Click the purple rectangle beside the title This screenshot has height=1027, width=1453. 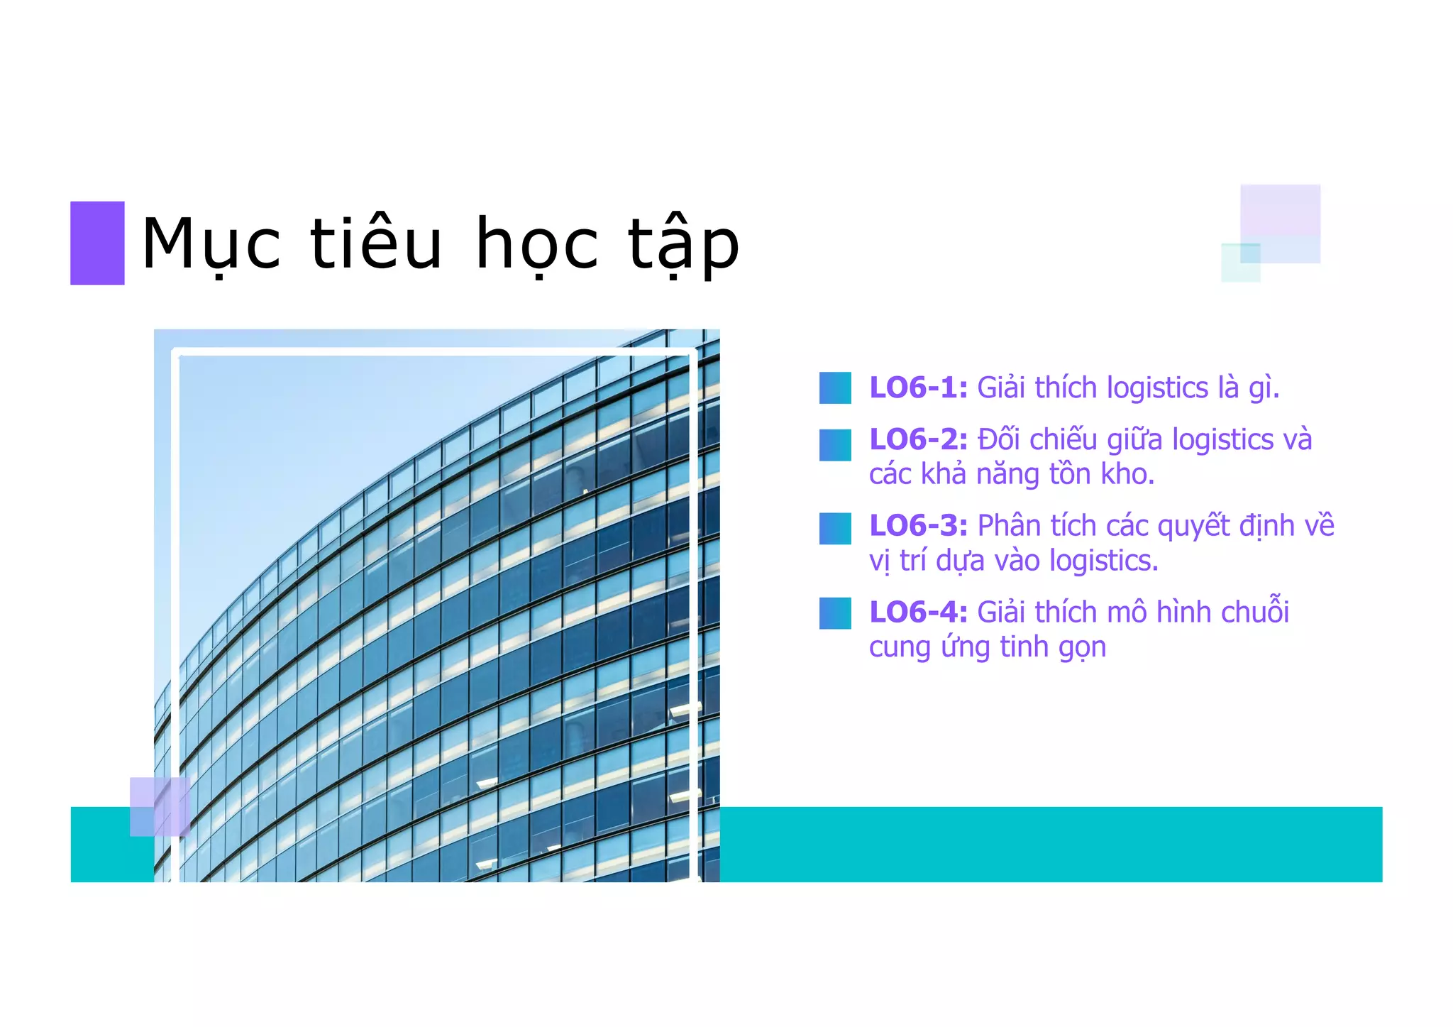97,243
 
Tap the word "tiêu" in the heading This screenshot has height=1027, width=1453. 376,243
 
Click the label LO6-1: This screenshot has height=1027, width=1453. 918,388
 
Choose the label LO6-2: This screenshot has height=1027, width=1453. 918,440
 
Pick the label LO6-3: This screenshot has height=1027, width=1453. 918,526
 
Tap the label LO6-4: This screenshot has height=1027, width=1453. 918,613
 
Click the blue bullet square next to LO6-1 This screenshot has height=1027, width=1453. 835,388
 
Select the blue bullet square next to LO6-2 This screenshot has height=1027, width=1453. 835,445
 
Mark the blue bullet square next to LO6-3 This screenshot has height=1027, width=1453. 835,529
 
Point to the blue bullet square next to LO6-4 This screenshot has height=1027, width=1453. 835,613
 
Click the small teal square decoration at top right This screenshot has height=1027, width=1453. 1240,263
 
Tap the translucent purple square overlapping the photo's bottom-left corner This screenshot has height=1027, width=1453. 160,806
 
